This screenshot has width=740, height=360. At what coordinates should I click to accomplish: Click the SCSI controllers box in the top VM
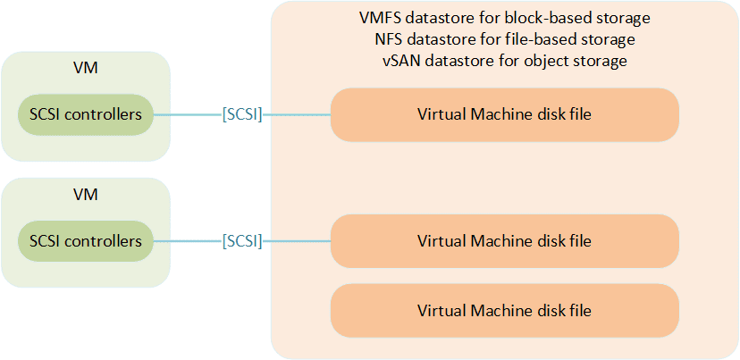pos(86,114)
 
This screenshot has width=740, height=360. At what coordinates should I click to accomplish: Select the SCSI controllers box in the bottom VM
pos(86,241)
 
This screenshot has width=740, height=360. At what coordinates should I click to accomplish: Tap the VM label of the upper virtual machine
pos(86,69)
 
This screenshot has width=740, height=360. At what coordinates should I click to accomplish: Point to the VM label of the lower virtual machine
pos(86,195)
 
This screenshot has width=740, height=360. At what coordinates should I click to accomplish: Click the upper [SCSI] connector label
pos(242,114)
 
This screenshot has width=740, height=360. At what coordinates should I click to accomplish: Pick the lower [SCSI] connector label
pos(242,241)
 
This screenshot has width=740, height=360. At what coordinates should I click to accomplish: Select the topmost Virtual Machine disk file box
pos(505,114)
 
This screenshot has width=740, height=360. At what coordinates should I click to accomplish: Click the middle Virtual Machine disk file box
pos(505,241)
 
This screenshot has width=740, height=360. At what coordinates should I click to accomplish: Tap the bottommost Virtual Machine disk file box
pos(505,311)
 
